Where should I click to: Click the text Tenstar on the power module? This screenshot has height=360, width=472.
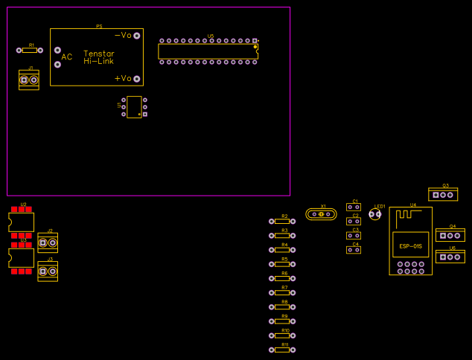tap(99, 54)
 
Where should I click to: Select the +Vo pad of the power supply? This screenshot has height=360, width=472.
tap(136, 78)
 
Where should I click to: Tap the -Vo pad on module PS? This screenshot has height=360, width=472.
tap(136, 36)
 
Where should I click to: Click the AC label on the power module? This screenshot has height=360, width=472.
tap(67, 57)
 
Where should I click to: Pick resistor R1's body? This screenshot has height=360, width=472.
tap(29, 51)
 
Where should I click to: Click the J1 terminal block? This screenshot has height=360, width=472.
tap(29, 80)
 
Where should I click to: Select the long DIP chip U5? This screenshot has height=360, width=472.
tap(208, 51)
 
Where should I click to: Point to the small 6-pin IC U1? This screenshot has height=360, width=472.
tap(134, 106)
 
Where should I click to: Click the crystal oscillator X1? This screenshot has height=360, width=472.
tap(321, 214)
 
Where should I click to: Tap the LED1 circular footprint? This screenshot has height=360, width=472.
tap(375, 214)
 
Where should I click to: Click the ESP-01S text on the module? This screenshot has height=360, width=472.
tap(410, 246)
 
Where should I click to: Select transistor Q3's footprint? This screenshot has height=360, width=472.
tap(443, 195)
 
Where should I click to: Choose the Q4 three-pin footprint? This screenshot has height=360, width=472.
tap(450, 236)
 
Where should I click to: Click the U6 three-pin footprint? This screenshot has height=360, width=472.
tap(450, 257)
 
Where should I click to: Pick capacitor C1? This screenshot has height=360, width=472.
tap(354, 208)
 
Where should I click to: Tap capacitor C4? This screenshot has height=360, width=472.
tap(354, 250)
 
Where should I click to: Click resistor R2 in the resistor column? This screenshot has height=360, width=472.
tap(281, 221)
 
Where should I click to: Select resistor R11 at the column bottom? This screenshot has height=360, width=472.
tap(281, 350)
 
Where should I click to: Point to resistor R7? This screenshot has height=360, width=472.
tap(281, 292)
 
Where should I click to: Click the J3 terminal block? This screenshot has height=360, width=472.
tap(48, 271)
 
